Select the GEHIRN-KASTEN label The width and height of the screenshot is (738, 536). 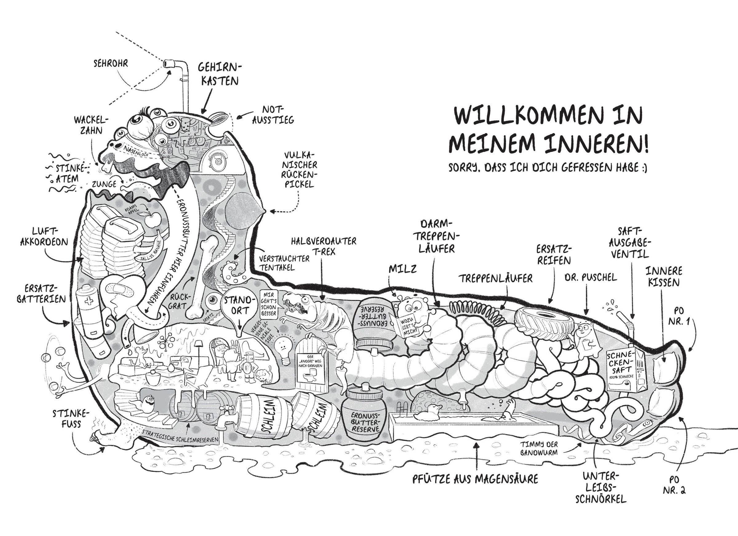click(220, 74)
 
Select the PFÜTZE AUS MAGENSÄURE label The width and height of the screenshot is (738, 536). click(475, 479)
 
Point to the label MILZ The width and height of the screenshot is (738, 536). click(402, 269)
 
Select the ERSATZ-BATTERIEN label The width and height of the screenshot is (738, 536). click(41, 294)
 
